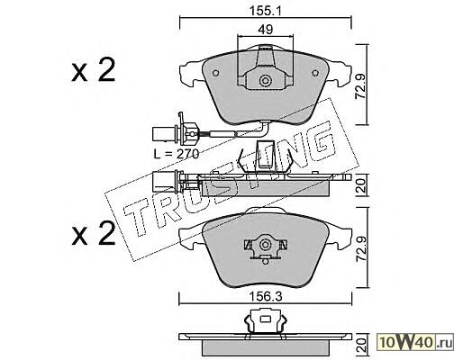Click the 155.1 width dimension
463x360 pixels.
point(266,11)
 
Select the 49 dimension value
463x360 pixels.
point(265,30)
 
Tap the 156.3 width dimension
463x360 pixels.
point(266,297)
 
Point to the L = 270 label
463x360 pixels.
point(176,154)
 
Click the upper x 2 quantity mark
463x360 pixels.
point(94,70)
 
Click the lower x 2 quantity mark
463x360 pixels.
point(94,234)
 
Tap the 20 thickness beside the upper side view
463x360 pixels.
point(361,185)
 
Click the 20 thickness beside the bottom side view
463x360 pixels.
point(361,346)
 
